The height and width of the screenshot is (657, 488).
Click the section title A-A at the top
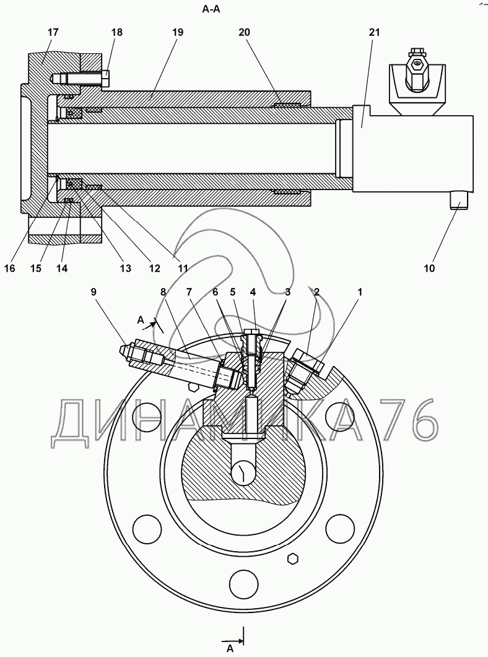pyautogui.click(x=211, y=10)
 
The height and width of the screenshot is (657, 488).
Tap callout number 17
pyautogui.click(x=53, y=32)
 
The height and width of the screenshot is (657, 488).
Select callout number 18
pyautogui.click(x=117, y=32)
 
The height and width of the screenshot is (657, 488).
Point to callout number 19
pyautogui.click(x=178, y=32)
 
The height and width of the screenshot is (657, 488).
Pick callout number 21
pyautogui.click(x=374, y=32)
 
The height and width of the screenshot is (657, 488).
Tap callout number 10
pyautogui.click(x=429, y=268)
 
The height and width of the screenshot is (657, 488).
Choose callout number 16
pyautogui.click(x=9, y=268)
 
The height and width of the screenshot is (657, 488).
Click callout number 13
pyautogui.click(x=125, y=268)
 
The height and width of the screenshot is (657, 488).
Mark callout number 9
pyautogui.click(x=94, y=292)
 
